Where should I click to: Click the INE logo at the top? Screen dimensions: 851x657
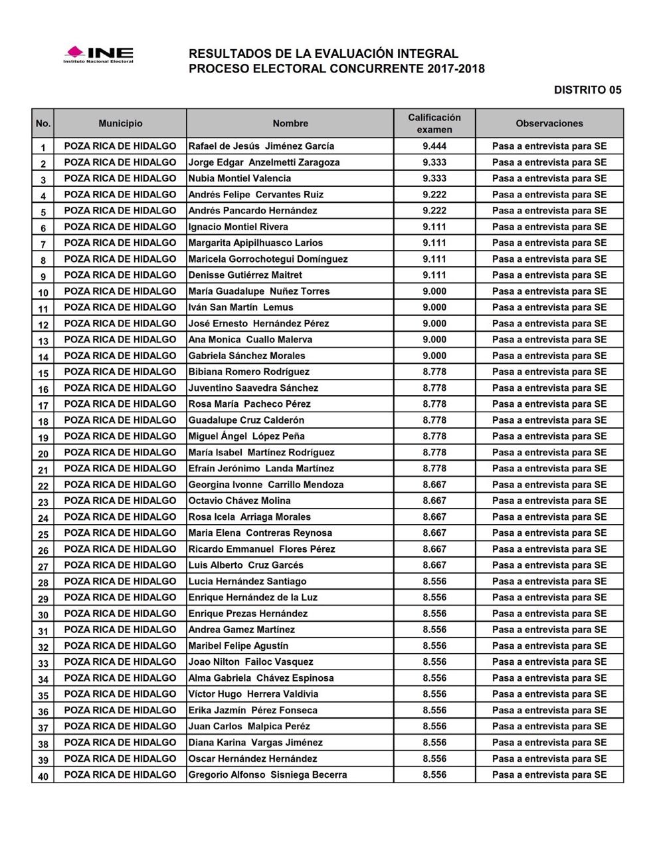coord(98,54)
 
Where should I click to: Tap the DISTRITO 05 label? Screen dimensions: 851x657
coord(587,90)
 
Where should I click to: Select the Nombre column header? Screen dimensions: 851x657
coord(290,124)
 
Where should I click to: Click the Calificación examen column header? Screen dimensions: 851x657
coord(434,124)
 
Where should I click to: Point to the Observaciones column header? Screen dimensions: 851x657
coord(549,124)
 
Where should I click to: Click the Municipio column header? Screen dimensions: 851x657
coord(120,124)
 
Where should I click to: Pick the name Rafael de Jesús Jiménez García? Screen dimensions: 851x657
coord(261,146)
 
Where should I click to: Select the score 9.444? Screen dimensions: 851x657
coord(434,146)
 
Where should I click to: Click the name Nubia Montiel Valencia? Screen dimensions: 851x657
coord(239,178)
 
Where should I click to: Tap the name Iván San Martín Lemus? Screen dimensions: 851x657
coord(240,307)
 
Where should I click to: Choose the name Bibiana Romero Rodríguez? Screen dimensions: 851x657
coord(248,372)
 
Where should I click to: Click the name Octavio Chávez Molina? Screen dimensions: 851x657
coord(239,501)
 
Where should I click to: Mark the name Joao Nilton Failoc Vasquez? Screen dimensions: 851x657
coord(250,662)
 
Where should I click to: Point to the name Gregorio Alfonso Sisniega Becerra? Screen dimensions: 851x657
coord(267,775)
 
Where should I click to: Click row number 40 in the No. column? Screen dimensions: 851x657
coord(43,775)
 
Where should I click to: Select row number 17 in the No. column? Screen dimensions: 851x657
coord(43,405)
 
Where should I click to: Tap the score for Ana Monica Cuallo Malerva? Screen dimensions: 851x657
coord(434,340)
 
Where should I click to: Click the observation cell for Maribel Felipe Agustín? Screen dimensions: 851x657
coord(549,646)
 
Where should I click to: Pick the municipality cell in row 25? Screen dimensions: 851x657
coord(120,533)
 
